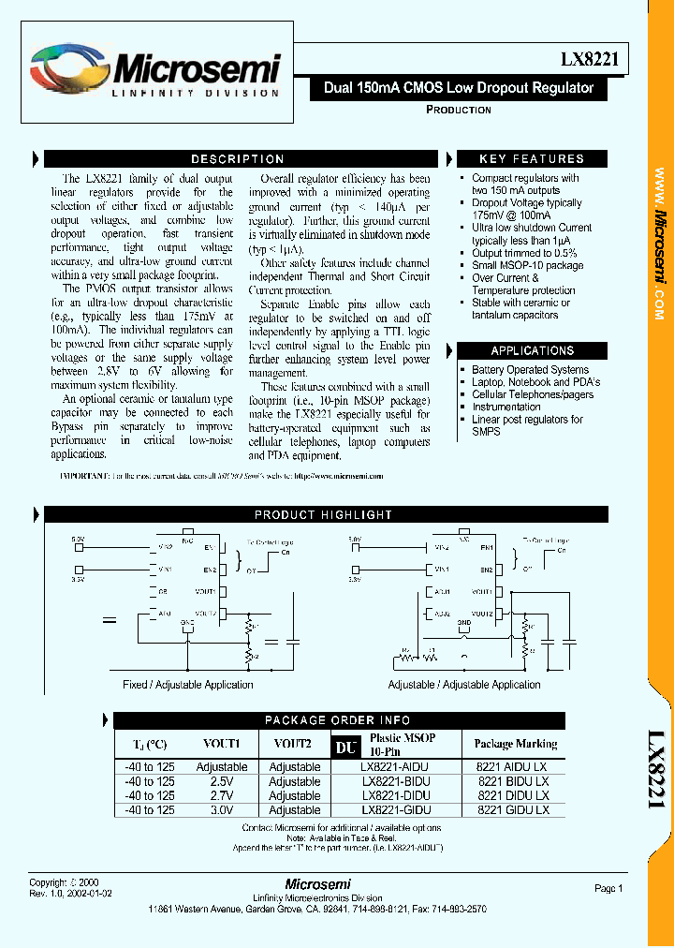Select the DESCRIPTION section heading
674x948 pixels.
coord(237,159)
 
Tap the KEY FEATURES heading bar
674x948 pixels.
coord(531,159)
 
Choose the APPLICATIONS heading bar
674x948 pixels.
coord(532,350)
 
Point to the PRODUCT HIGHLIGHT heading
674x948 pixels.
coord(323,515)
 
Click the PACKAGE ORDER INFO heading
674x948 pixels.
coord(337,720)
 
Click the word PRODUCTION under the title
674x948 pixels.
coord(458,110)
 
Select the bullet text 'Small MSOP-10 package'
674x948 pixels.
coord(527,265)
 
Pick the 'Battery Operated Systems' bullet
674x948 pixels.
coord(530,370)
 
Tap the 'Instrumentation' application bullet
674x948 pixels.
coord(506,407)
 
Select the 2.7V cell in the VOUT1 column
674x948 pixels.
coord(222,795)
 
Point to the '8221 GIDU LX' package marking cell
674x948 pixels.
coord(513,809)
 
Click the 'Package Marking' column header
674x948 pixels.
coord(515,744)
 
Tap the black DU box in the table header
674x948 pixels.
coord(346,746)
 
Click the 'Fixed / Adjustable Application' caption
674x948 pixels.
coord(188,685)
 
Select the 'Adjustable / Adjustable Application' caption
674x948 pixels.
coord(463,685)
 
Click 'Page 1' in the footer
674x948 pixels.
coord(608,888)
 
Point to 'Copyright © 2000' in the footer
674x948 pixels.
coord(62,883)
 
